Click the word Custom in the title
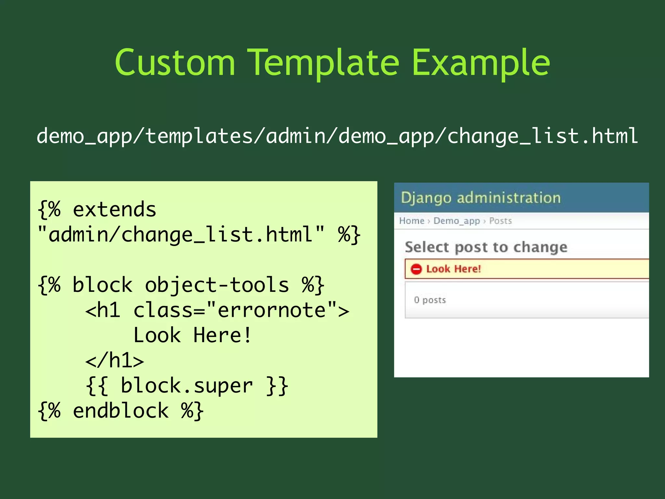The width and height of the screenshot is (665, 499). coord(175,62)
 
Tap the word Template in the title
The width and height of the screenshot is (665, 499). coord(323,62)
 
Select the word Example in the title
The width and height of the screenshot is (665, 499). coord(481,62)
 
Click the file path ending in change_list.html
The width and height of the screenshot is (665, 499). coord(337,136)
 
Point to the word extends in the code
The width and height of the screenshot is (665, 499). coord(114,209)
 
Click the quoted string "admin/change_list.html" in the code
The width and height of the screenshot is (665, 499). coord(181,234)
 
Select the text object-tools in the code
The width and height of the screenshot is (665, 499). coord(217,285)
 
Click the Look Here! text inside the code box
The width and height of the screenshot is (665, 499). coord(192,335)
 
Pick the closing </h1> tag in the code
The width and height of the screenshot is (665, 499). coord(114,360)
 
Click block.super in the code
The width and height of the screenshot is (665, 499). coord(186,386)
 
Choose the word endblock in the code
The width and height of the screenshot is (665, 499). coord(120,411)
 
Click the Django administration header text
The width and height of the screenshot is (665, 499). coord(481,198)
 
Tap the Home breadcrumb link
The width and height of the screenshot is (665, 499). coord(412,221)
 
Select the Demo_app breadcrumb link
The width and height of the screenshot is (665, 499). coord(457,221)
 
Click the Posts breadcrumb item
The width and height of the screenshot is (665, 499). coord(500,221)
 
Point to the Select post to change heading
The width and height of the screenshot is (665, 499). coord(486,247)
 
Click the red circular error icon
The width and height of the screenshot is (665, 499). coord(416,269)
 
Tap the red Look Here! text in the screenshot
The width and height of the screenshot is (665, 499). coord(453,269)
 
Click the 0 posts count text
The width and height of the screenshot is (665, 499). coord(430,300)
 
